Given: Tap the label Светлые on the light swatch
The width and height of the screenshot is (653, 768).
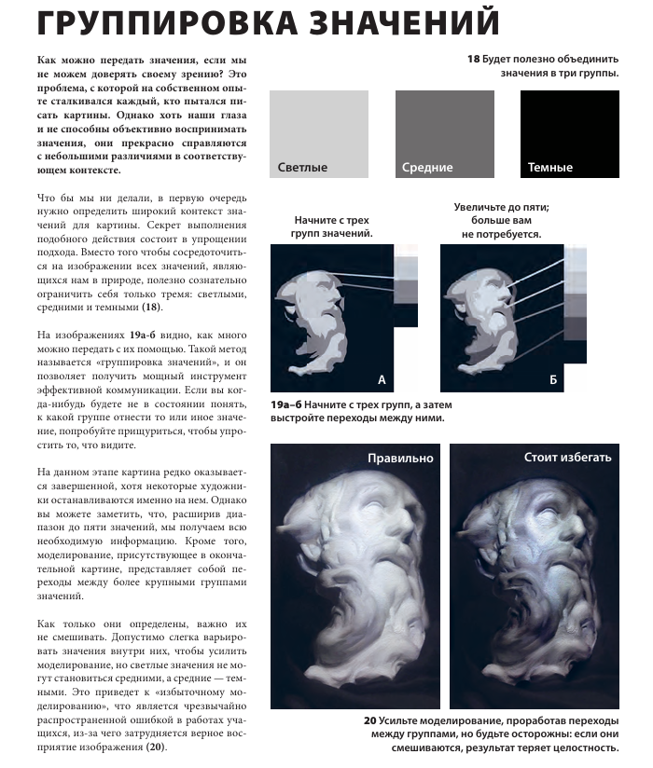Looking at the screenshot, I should (303, 168).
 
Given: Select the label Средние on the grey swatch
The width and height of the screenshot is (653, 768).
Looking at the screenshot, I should (427, 168).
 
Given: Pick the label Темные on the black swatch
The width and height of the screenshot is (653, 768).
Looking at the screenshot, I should (550, 168).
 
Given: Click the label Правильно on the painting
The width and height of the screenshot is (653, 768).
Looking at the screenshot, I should (400, 458).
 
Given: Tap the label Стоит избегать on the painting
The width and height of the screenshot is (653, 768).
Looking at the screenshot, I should (568, 458).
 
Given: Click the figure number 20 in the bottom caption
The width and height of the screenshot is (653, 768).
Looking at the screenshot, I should (370, 720).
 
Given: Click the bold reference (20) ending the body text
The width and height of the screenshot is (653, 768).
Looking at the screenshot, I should (155, 747).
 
